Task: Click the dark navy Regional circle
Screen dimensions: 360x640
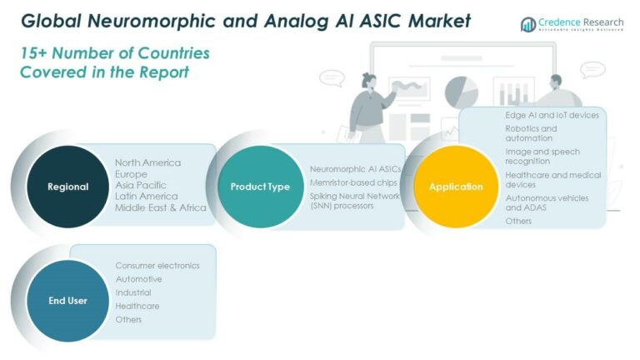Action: click(x=67, y=187)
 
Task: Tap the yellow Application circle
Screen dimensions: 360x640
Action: click(x=455, y=187)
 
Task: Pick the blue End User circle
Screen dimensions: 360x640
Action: click(x=67, y=300)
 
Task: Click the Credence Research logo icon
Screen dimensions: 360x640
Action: click(x=527, y=24)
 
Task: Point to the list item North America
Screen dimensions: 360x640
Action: click(x=147, y=162)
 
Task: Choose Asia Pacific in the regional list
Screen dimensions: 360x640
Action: click(x=141, y=185)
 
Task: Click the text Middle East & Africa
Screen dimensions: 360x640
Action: click(x=161, y=207)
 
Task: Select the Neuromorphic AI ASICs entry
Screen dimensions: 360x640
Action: click(x=355, y=168)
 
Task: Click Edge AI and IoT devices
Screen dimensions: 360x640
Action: click(x=552, y=115)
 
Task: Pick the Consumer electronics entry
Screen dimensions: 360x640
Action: click(x=157, y=266)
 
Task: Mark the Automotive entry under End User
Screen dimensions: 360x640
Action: click(x=138, y=279)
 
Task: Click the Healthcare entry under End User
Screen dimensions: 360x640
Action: click(x=137, y=306)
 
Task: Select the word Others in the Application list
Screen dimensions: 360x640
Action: click(x=518, y=221)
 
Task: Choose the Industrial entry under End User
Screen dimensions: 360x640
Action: click(x=133, y=292)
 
